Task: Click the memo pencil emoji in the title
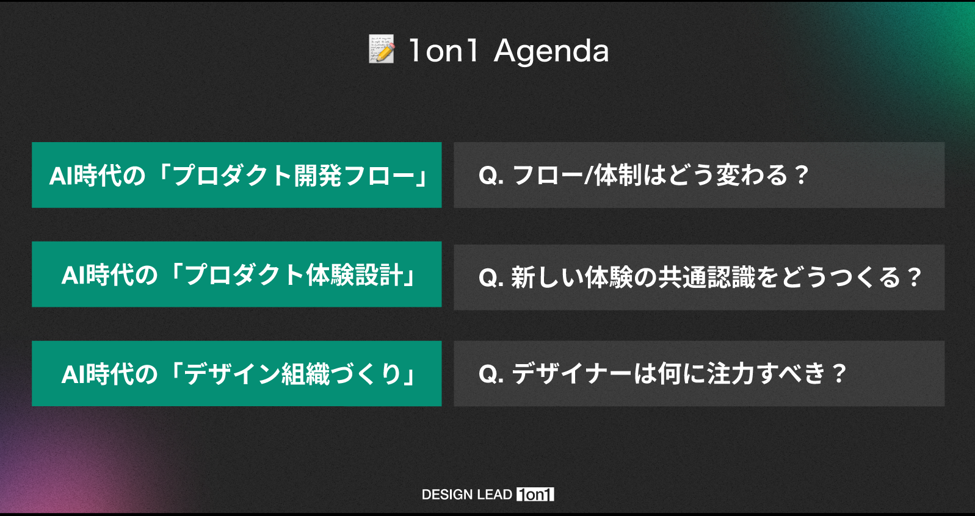coord(382,49)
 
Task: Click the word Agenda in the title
coord(551,51)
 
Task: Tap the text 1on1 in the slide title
coord(443,51)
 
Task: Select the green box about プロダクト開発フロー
coord(237,175)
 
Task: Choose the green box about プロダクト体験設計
coord(237,274)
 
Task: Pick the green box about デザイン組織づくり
coord(237,373)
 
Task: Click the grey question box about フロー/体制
coord(699,175)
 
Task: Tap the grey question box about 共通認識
coord(699,278)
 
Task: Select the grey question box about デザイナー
coord(699,373)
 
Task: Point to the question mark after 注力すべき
coord(838,374)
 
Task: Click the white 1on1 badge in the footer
coord(535,494)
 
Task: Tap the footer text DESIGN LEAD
coord(467,494)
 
